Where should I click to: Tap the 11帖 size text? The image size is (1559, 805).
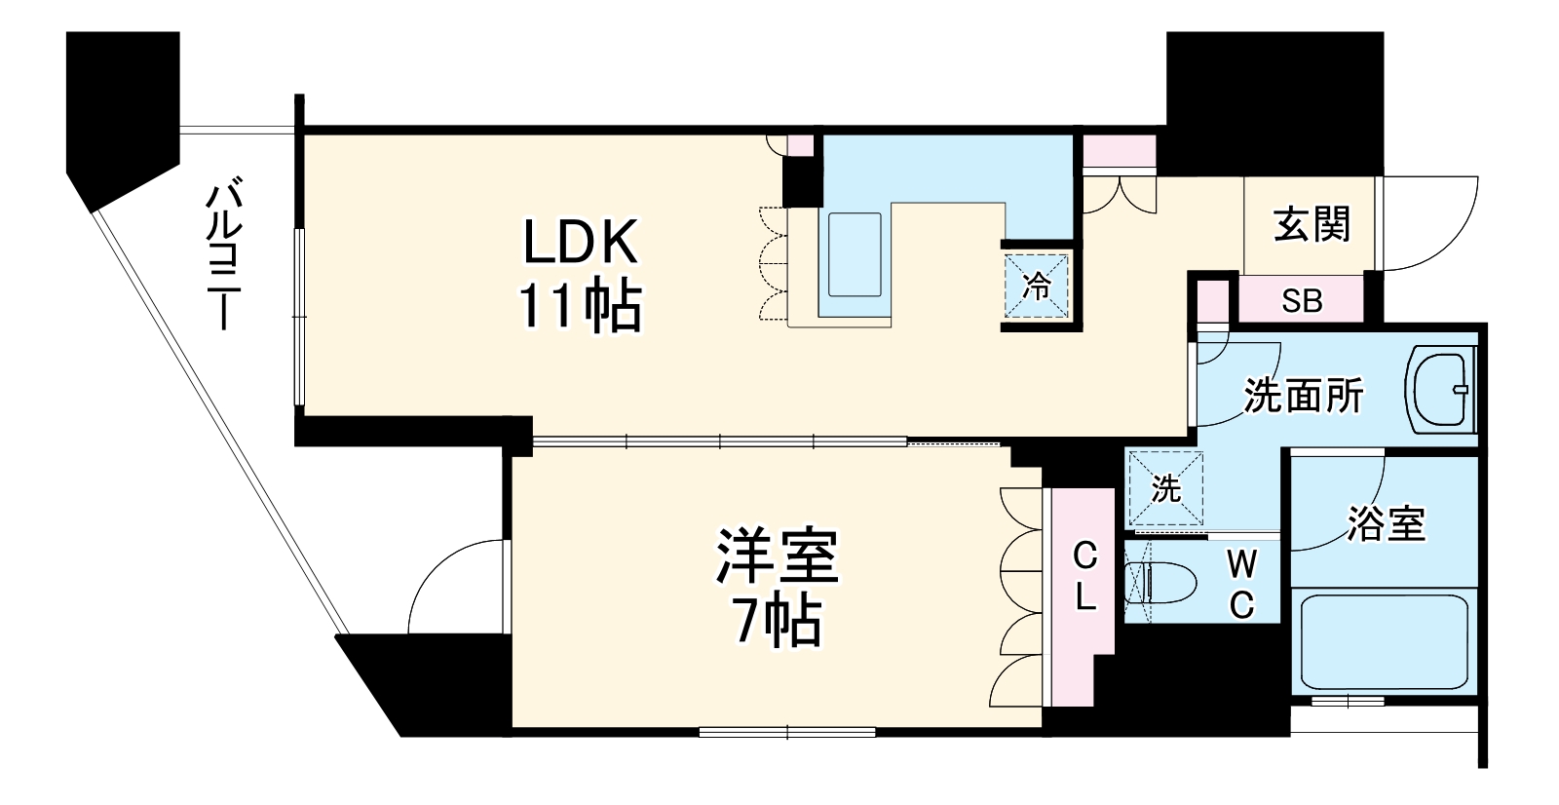(x=581, y=307)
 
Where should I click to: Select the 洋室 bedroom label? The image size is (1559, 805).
(x=777, y=556)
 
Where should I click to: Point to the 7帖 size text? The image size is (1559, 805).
(x=777, y=621)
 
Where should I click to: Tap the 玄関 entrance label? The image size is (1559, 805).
(x=1312, y=226)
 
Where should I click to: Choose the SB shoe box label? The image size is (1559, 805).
(x=1302, y=301)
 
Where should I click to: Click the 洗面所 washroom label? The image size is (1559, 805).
(x=1303, y=396)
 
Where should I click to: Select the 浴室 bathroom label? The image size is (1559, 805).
(x=1387, y=523)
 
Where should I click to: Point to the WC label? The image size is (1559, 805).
(x=1240, y=584)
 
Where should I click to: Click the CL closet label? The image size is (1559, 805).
(x=1084, y=577)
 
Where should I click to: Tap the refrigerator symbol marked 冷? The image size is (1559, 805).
(x=1038, y=287)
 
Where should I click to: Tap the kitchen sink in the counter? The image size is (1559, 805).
(x=855, y=254)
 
